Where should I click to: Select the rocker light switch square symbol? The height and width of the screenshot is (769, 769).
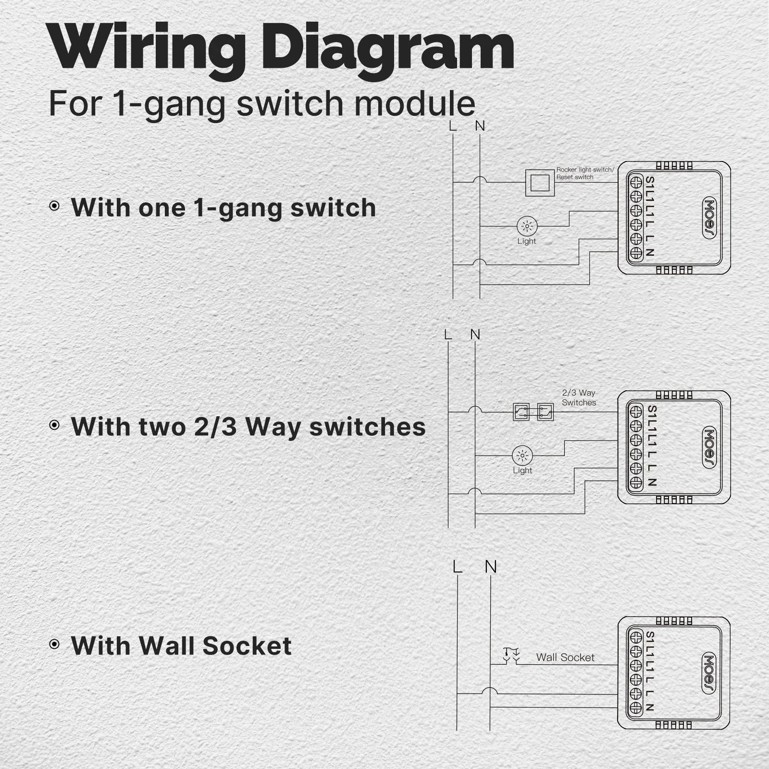(540, 183)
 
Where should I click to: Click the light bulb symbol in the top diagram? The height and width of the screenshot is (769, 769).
(527, 226)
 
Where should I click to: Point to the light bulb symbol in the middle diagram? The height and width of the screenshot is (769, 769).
(522, 455)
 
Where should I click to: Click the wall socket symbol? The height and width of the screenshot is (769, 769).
(510, 656)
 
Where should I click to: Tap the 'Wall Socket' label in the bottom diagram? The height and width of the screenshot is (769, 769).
(565, 657)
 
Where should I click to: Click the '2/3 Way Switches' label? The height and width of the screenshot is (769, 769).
(579, 398)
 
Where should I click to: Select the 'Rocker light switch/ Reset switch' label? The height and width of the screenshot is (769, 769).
(585, 174)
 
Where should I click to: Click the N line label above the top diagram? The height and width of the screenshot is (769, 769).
(480, 126)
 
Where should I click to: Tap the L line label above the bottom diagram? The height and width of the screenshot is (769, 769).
(457, 567)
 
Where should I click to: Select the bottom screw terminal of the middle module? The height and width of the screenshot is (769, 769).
(636, 482)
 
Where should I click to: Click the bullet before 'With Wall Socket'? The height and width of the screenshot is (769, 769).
(55, 644)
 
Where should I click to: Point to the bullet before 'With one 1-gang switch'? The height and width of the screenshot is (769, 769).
(55, 206)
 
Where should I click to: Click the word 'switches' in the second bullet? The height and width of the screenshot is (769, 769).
(367, 426)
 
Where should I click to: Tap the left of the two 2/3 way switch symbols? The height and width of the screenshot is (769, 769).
(521, 412)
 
